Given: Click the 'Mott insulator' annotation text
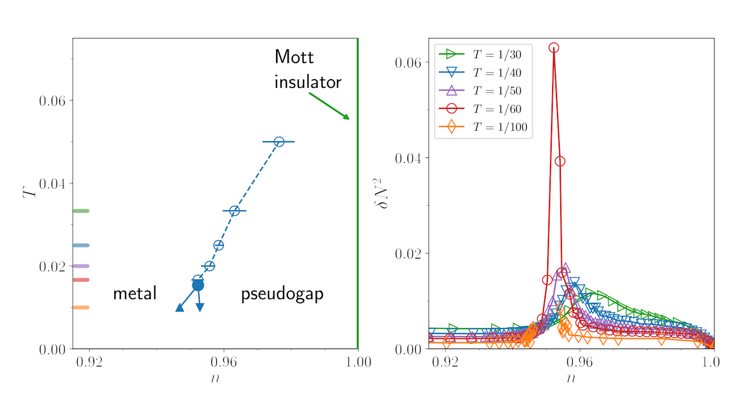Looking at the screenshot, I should click(x=307, y=69).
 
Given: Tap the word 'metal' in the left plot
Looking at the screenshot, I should click(x=134, y=294).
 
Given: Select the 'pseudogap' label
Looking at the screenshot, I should click(x=281, y=294).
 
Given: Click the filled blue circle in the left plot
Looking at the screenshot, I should click(x=198, y=285).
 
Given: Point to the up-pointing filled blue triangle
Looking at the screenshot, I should click(x=180, y=307).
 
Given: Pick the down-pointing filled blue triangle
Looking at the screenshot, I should click(x=200, y=307).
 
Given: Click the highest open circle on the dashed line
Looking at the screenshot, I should click(x=279, y=142).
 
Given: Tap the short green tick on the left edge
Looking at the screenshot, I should click(x=81, y=211).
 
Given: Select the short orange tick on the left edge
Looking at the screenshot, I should click(x=81, y=308).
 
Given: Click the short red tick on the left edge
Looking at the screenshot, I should click(x=81, y=280).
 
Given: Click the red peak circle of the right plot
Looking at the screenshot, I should click(x=554, y=48).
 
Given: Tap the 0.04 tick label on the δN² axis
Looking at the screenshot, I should click(x=411, y=158).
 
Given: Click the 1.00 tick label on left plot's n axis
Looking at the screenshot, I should click(x=358, y=362).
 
